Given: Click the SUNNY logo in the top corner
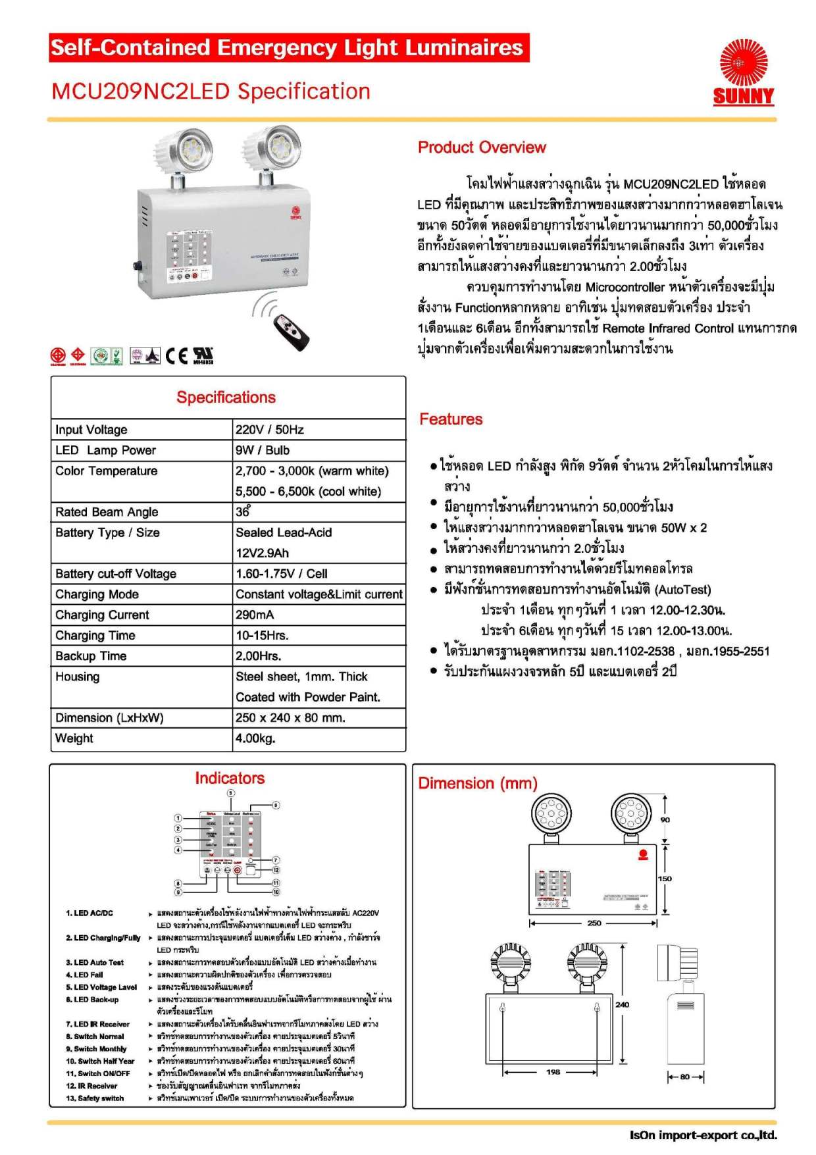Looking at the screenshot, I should tap(743, 73).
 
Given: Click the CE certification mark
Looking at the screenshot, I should tap(176, 356).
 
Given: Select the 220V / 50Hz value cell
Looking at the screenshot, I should tap(270, 430).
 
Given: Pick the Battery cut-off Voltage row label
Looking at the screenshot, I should tap(116, 574).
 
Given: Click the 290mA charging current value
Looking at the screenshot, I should tap(255, 615).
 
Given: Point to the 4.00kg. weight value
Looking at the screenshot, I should tap(255, 738).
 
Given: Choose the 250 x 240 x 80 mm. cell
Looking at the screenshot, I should tap(290, 717).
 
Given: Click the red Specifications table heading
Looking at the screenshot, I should tap(226, 398).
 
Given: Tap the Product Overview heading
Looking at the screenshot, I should tap(482, 147).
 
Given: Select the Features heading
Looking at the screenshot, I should tap(451, 419).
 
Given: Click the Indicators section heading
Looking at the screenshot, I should tap(230, 778).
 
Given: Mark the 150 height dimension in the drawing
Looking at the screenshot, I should tap(665, 879).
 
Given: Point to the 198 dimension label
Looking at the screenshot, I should tap(553, 1072).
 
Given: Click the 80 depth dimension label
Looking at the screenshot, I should tap(685, 1077).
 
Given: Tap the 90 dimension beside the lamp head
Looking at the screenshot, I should tap(665, 820).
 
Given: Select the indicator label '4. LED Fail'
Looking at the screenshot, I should tap(84, 975).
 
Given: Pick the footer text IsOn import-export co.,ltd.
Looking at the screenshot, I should tap(703, 1135).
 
